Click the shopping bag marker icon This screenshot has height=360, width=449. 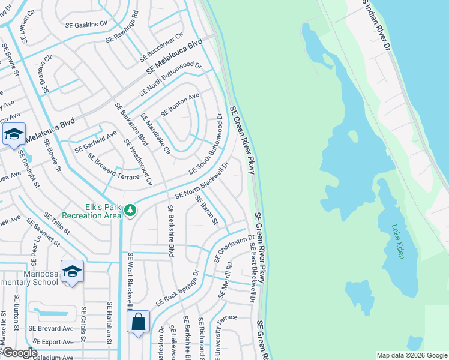coord(138,322)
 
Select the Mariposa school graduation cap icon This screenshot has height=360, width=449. coord(72,271)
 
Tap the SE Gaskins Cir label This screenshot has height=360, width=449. coord(86,24)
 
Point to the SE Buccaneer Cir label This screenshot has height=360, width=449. coord(161,47)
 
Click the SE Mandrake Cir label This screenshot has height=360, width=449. coord(155,134)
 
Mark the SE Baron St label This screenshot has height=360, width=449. coord(206,211)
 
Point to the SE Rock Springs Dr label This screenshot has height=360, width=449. coord(178,288)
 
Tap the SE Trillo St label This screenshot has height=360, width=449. coord(58,223)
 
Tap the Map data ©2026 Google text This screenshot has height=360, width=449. coord(412,355)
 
